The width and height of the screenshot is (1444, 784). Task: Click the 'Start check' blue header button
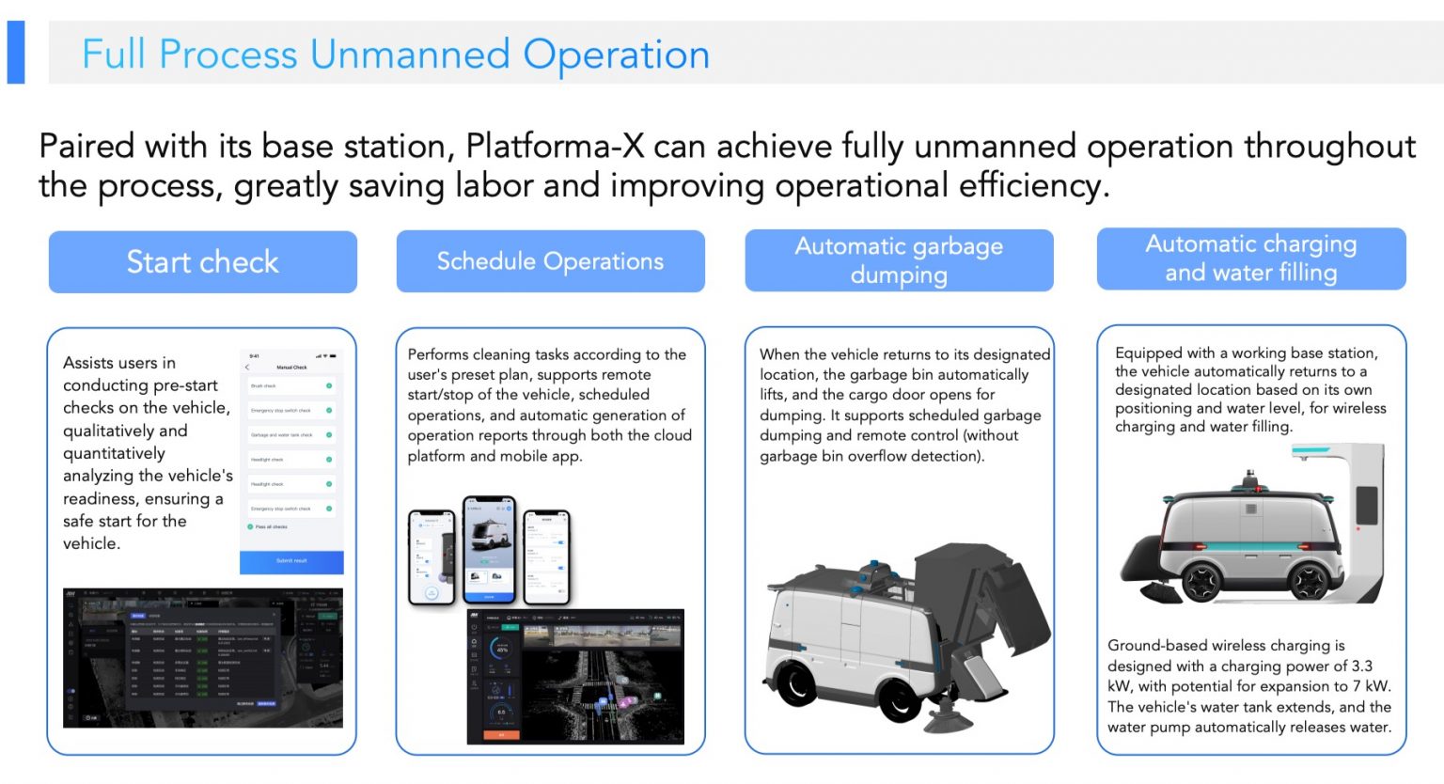click(202, 261)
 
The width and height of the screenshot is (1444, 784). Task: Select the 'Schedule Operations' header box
click(550, 261)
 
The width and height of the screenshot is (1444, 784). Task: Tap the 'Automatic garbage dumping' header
click(899, 260)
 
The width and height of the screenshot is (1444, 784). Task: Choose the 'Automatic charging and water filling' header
click(1250, 259)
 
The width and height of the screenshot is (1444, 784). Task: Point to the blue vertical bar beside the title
click(16, 53)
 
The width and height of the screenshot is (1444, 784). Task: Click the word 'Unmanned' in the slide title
click(410, 55)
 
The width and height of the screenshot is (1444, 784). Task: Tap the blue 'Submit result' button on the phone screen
click(291, 560)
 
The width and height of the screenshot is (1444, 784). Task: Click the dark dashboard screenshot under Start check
click(202, 658)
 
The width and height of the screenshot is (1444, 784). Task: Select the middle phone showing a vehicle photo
click(489, 550)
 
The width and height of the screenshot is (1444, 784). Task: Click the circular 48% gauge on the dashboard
click(501, 648)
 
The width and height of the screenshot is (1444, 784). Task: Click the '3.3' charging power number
click(1362, 666)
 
